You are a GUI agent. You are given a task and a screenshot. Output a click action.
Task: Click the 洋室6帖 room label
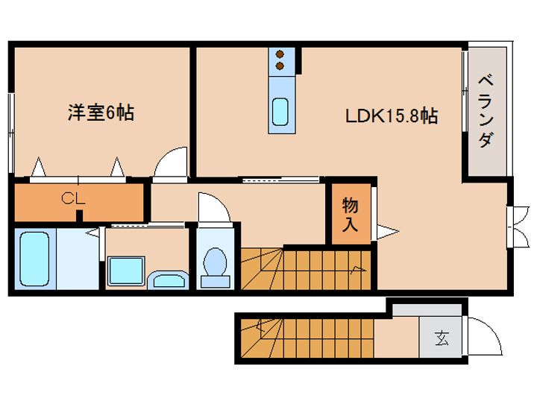(101, 113)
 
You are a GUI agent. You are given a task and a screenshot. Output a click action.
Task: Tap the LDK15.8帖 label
(391, 116)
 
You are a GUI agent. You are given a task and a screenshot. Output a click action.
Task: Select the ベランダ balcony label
(486, 112)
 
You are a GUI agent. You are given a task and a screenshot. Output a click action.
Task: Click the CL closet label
(73, 198)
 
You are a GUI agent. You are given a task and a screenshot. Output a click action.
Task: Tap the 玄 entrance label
(442, 338)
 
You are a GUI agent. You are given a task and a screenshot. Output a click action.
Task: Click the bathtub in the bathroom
(34, 259)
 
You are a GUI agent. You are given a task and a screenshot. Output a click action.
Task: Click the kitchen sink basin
(280, 112)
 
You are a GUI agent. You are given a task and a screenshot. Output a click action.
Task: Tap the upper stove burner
(280, 54)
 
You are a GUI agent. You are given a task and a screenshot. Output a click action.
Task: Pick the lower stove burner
(280, 66)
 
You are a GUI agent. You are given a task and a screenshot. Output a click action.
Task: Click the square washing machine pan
(126, 271)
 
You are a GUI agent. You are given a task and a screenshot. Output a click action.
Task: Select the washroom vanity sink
(168, 280)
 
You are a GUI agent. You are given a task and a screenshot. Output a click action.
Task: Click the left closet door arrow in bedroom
(39, 167)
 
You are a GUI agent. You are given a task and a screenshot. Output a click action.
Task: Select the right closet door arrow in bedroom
(118, 167)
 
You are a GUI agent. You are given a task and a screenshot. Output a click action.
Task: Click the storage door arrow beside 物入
(388, 232)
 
